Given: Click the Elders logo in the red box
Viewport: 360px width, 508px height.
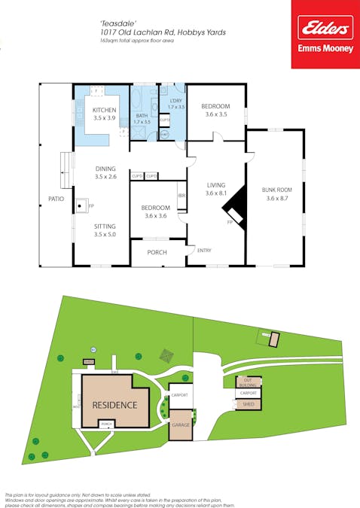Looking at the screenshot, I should coord(325,29).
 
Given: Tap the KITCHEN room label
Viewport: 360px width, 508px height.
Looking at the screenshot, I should coord(105,110).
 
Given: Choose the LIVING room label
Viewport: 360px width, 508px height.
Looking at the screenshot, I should coord(217,184).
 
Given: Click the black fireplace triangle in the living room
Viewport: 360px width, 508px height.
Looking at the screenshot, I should coord(234,202).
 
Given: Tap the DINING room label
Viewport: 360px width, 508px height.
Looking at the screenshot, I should coord(105,169).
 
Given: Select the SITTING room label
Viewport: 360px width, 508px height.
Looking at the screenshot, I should coord(105,226).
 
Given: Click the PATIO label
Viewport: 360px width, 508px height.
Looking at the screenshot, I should coord(56,199).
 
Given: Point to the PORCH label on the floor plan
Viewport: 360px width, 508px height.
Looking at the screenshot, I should coord(157,252).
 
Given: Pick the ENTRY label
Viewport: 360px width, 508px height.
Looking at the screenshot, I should coord(204,250).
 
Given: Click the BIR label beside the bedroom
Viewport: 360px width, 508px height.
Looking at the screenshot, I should coord(182,195).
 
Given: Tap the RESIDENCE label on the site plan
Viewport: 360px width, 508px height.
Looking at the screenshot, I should coord(114,405).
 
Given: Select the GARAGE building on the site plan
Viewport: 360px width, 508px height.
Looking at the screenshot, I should coord(181,424).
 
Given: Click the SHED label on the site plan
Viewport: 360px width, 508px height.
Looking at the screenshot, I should coord(248,404).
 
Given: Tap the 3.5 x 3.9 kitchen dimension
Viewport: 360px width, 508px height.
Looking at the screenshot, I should coord(105,118).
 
